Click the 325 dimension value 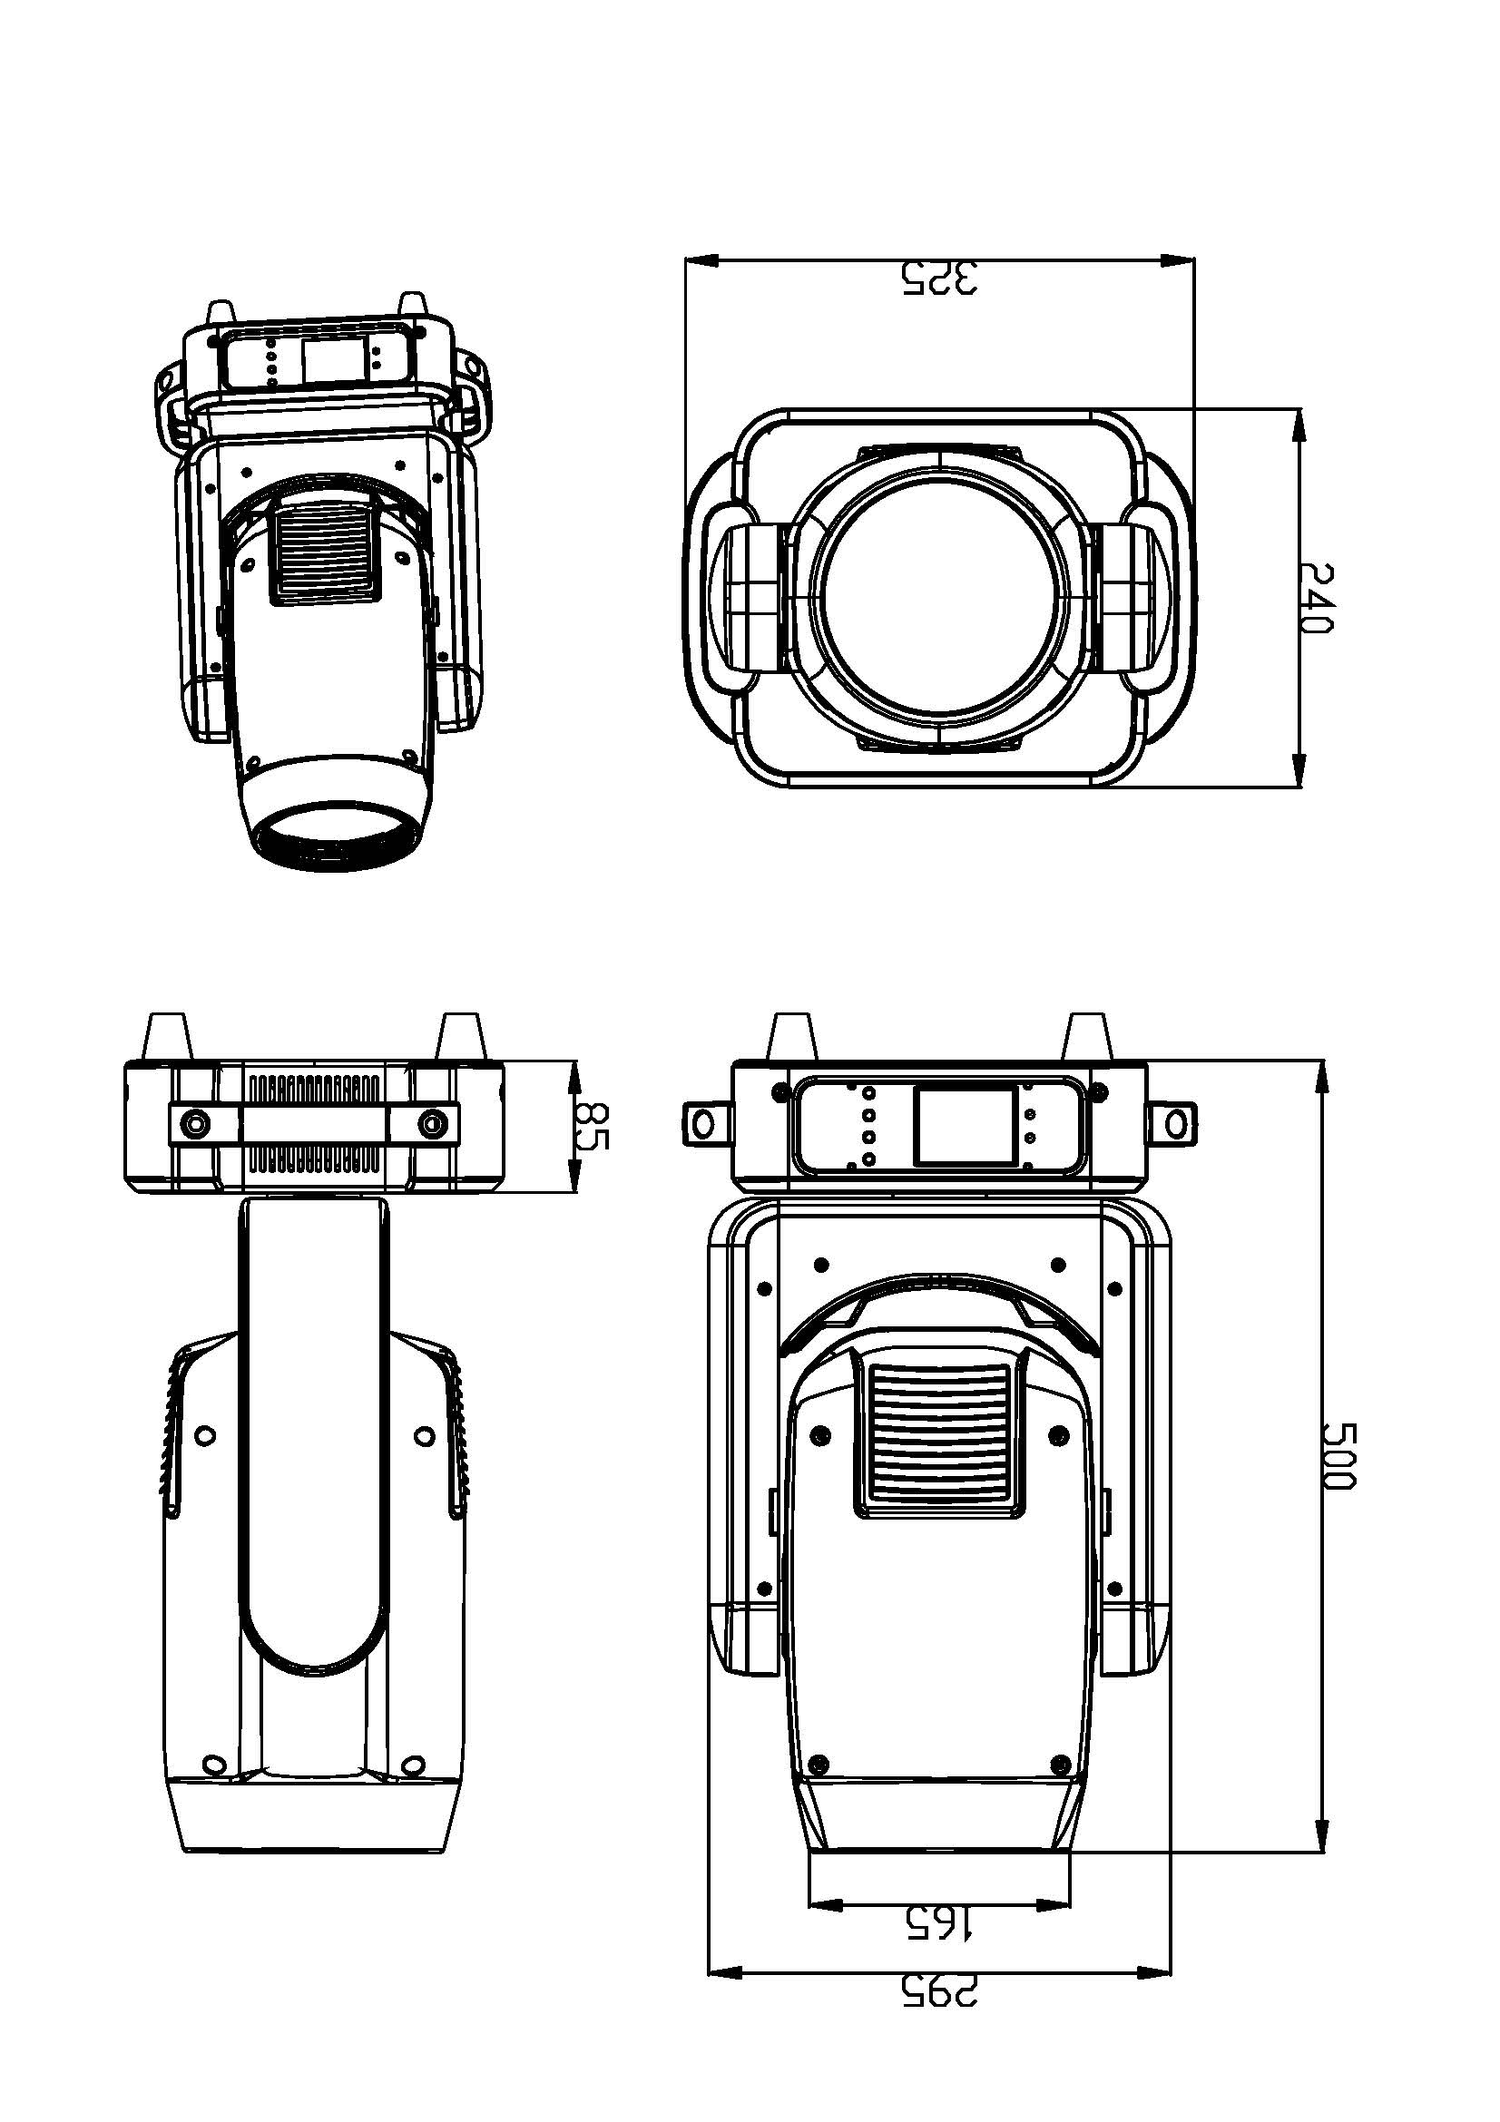tap(939, 279)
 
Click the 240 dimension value tap(1316, 599)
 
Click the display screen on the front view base tap(965, 1126)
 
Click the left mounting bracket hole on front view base tap(703, 1125)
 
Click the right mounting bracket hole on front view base tap(1176, 1125)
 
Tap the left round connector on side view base tap(196, 1124)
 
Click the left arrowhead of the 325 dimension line tap(701, 261)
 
